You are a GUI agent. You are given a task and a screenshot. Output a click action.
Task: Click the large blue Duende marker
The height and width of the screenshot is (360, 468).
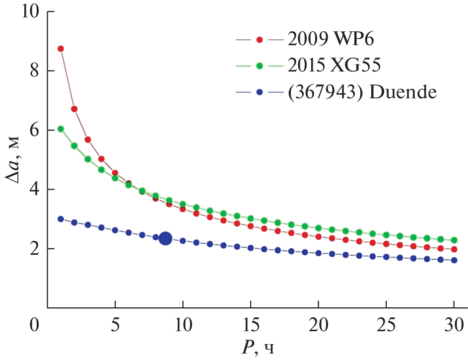point(165,239)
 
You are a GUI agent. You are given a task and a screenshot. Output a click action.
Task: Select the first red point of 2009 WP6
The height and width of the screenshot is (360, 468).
point(61,49)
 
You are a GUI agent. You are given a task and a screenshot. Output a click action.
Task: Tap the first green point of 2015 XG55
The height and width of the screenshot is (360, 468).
point(61,129)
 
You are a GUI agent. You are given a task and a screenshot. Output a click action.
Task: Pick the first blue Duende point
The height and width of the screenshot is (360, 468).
point(61,219)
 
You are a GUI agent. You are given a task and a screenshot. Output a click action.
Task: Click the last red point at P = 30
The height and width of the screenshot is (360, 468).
point(454,249)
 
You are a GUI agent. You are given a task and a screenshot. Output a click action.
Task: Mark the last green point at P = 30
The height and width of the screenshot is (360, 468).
point(454,241)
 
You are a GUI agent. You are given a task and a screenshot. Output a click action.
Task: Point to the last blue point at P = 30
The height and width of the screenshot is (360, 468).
point(454,260)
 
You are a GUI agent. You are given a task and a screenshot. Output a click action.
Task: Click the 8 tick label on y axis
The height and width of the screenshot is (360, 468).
point(34,71)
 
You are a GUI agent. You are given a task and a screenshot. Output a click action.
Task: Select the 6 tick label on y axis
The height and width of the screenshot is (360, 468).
point(34,130)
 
